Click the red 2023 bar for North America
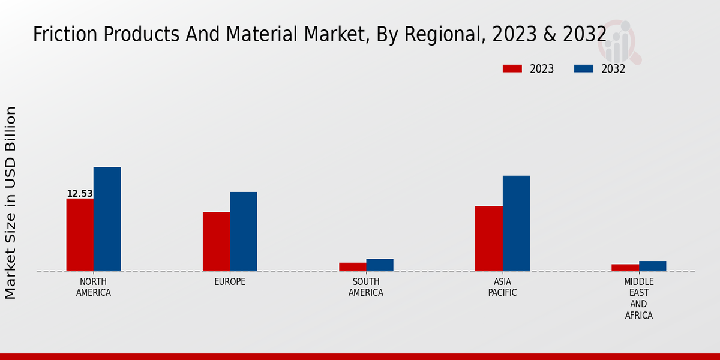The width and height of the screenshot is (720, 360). (80, 235)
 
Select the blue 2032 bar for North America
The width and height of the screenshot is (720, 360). (107, 219)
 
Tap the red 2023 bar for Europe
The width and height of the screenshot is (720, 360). (216, 241)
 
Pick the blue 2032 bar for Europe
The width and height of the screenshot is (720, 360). (243, 232)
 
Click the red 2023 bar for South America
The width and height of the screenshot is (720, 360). (352, 267)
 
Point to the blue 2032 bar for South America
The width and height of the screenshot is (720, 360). (380, 265)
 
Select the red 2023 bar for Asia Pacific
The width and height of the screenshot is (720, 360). (488, 238)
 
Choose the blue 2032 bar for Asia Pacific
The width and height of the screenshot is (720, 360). (516, 223)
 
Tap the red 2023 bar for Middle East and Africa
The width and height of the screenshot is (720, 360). (625, 268)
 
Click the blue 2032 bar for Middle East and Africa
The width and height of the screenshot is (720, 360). (652, 266)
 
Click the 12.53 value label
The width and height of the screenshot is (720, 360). (80, 194)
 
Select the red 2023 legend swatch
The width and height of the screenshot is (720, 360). (512, 69)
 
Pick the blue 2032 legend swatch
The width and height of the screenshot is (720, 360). (584, 69)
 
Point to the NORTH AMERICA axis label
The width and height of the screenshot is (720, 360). (94, 287)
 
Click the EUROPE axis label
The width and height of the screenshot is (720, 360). (230, 282)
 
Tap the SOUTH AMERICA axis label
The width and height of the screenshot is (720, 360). (366, 287)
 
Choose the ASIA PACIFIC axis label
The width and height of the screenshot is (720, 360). (502, 287)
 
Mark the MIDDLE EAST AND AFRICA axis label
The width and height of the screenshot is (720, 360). (639, 298)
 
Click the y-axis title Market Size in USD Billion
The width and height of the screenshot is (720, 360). (11, 202)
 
